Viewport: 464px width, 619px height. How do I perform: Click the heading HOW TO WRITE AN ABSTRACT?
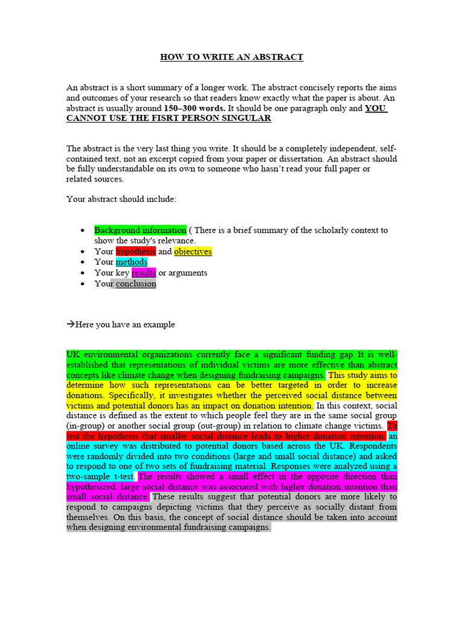[231, 57]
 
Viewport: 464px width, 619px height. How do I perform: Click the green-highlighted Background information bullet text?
[140, 230]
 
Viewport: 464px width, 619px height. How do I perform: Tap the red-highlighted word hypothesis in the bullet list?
[135, 251]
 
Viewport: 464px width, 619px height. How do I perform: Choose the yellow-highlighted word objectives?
[193, 251]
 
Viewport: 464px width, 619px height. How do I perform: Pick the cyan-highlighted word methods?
[131, 262]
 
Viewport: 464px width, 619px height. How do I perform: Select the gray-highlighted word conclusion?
[136, 284]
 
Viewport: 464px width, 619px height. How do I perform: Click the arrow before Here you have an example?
[70, 325]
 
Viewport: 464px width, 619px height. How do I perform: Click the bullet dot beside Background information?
[83, 231]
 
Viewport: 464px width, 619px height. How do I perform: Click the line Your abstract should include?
[121, 198]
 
